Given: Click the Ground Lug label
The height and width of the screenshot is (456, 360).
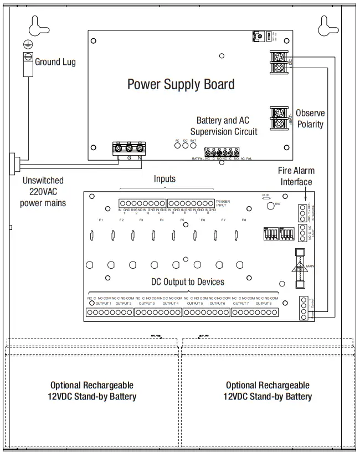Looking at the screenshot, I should (x=55, y=62).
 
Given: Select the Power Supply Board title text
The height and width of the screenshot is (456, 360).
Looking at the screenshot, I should (x=181, y=84).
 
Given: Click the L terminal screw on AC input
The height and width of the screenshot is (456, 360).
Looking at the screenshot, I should (x=118, y=148).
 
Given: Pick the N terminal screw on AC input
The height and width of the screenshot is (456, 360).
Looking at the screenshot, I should (x=140, y=148).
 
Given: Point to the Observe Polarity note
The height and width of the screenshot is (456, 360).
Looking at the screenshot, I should (x=310, y=119).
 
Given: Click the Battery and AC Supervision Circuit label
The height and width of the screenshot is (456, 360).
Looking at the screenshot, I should (x=224, y=126).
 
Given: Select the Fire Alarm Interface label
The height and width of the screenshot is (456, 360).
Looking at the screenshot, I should (x=295, y=177).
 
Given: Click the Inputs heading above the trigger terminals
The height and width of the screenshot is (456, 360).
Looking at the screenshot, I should (x=164, y=179).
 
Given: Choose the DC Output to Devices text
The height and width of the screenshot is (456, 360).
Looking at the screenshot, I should (x=188, y=282).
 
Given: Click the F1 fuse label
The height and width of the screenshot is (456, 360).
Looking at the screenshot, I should (x=101, y=221).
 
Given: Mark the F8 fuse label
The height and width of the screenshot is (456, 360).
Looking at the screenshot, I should (x=244, y=221).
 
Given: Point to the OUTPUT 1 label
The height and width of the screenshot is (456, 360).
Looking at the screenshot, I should (x=103, y=303).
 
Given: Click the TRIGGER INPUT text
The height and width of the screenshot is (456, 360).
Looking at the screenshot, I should (x=224, y=203).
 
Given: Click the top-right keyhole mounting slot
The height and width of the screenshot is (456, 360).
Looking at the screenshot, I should (x=326, y=25).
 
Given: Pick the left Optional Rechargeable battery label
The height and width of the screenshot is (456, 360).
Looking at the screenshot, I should (x=92, y=391).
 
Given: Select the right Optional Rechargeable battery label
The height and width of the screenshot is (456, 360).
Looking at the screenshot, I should (x=268, y=391).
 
